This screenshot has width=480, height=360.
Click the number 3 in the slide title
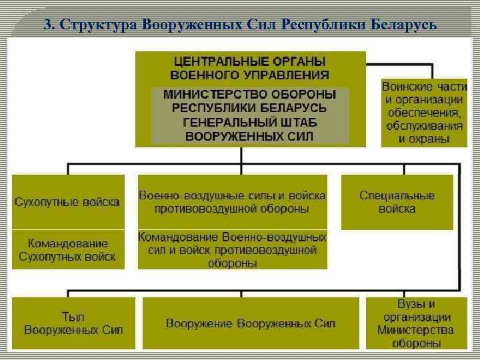47,25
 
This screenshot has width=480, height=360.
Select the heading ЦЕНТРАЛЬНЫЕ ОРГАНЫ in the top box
250,61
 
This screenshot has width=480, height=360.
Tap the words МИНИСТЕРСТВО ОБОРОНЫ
250,94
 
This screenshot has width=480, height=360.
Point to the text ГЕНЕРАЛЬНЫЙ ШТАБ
250,123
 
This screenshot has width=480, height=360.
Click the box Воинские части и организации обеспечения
424,113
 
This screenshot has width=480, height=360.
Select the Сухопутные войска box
68,201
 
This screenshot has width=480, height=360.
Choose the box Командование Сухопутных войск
68,250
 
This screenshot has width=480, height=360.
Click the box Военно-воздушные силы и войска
233,201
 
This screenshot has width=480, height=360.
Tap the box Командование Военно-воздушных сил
233,250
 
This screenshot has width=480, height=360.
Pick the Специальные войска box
397,201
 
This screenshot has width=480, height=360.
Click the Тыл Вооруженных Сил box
73,323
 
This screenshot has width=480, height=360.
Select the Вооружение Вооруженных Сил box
251,323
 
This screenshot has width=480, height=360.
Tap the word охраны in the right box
424,139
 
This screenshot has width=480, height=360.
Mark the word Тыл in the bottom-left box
73,317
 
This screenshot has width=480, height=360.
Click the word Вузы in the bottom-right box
416,304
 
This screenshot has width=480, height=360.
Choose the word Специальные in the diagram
397,195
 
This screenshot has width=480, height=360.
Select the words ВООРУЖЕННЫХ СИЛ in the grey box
250,136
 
